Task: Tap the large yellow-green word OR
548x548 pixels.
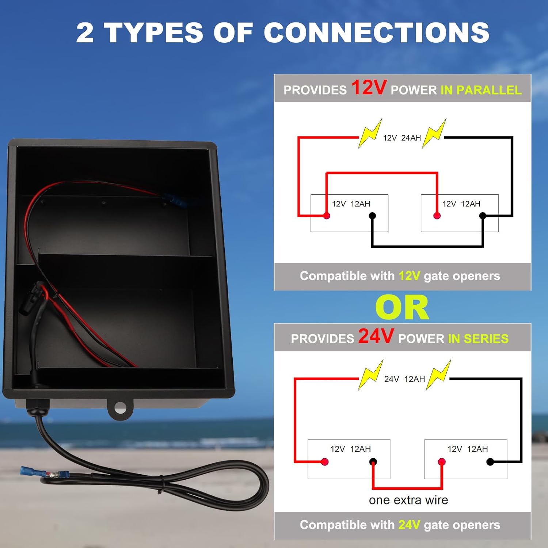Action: tap(402, 308)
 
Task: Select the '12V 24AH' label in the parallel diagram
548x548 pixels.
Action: tap(402, 138)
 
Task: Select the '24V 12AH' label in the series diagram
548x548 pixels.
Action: tap(404, 379)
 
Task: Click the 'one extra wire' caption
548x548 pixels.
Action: tap(408, 500)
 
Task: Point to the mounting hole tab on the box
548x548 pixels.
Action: tap(120, 408)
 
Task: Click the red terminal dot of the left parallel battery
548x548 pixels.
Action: tap(327, 216)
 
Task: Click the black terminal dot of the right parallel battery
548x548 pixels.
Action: tap(483, 216)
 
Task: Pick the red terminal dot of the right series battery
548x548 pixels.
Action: tap(442, 462)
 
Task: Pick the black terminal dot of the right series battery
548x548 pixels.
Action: tap(490, 462)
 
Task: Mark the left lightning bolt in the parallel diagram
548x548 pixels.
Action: tap(370, 134)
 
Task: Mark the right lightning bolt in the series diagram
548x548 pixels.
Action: tap(438, 375)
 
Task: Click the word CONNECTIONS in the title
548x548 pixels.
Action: tap(376, 33)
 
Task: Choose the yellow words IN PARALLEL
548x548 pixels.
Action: tap(481, 90)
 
